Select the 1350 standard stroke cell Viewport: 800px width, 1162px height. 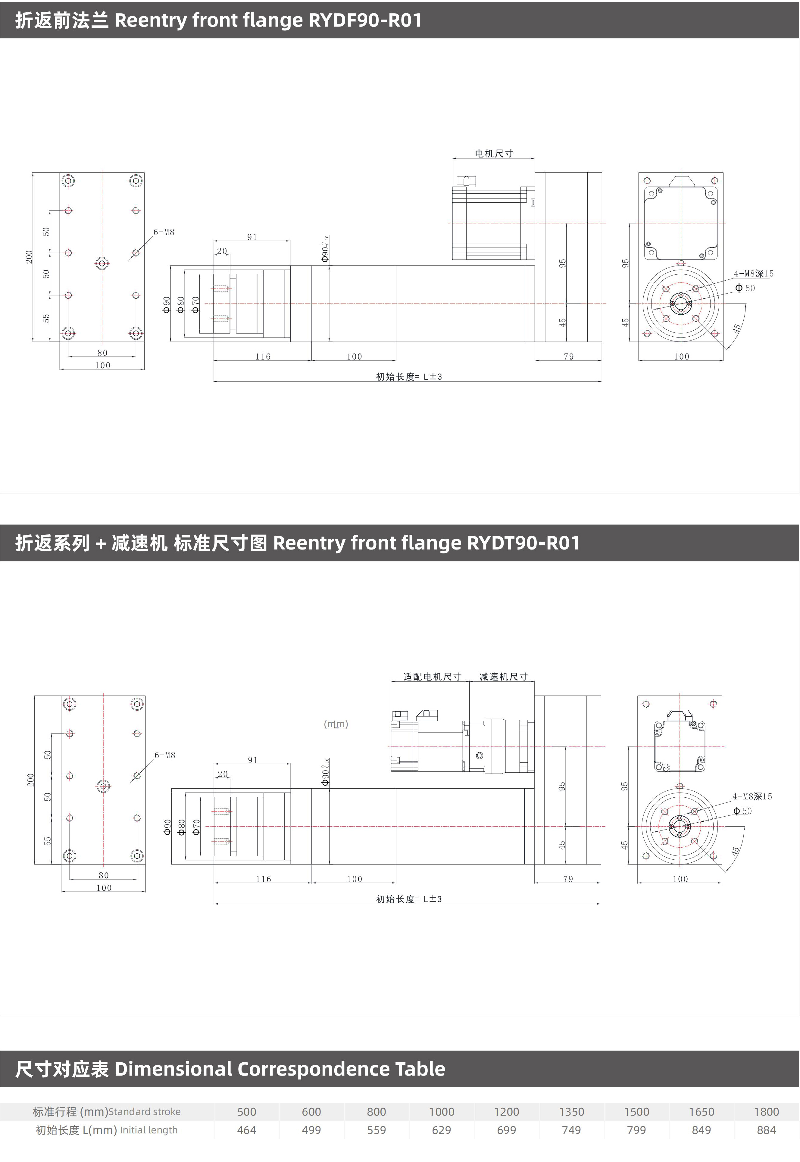coord(571,1111)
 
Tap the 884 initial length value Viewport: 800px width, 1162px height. coord(767,1130)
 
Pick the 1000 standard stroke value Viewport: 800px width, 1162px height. coord(442,1111)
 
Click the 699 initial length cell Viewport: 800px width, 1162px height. coord(506,1130)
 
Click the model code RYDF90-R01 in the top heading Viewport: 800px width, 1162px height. coord(365,20)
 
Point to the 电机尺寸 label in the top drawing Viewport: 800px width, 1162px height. coord(494,153)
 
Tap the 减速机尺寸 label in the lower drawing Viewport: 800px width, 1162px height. coord(504,677)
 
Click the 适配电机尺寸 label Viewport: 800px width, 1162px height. coord(433,677)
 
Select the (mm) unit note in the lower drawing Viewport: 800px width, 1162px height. coord(336,724)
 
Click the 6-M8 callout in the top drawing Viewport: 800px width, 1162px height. coord(164,232)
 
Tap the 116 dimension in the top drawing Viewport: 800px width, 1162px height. coord(263,356)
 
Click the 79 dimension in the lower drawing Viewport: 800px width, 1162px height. coord(568,879)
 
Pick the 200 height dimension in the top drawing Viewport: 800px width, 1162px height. coord(29,257)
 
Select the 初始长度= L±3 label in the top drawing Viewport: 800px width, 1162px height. coord(409,376)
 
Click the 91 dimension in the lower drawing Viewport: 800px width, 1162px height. coord(253,760)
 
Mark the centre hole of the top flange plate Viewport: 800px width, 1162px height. coord(102,263)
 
